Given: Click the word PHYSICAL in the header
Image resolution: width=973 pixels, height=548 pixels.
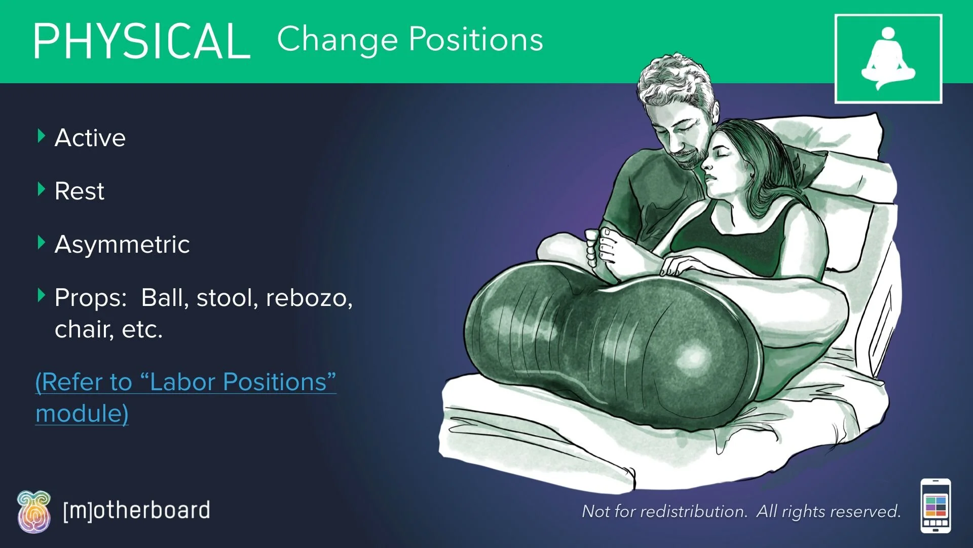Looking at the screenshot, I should coord(142,42).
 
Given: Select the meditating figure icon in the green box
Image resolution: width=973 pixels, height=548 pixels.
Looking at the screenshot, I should coord(888,59).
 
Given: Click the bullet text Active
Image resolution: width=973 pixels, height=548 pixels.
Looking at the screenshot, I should coord(90,138).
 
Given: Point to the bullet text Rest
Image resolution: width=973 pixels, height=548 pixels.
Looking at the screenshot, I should coord(80,191).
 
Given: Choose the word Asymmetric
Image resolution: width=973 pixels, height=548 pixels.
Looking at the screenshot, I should coord(122,245).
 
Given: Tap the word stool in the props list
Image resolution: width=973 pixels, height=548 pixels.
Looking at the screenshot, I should coord(223,298).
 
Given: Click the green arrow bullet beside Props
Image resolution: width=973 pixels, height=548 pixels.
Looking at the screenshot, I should coord(42,295).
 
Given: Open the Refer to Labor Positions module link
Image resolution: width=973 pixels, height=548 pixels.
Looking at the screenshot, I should coord(185,383).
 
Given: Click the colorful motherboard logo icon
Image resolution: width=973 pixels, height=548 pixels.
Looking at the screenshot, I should coord(34,511).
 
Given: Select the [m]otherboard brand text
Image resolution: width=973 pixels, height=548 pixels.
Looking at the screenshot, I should coord(136,510).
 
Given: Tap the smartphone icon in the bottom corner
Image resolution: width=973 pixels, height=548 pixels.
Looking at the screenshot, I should coord(935,506).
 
